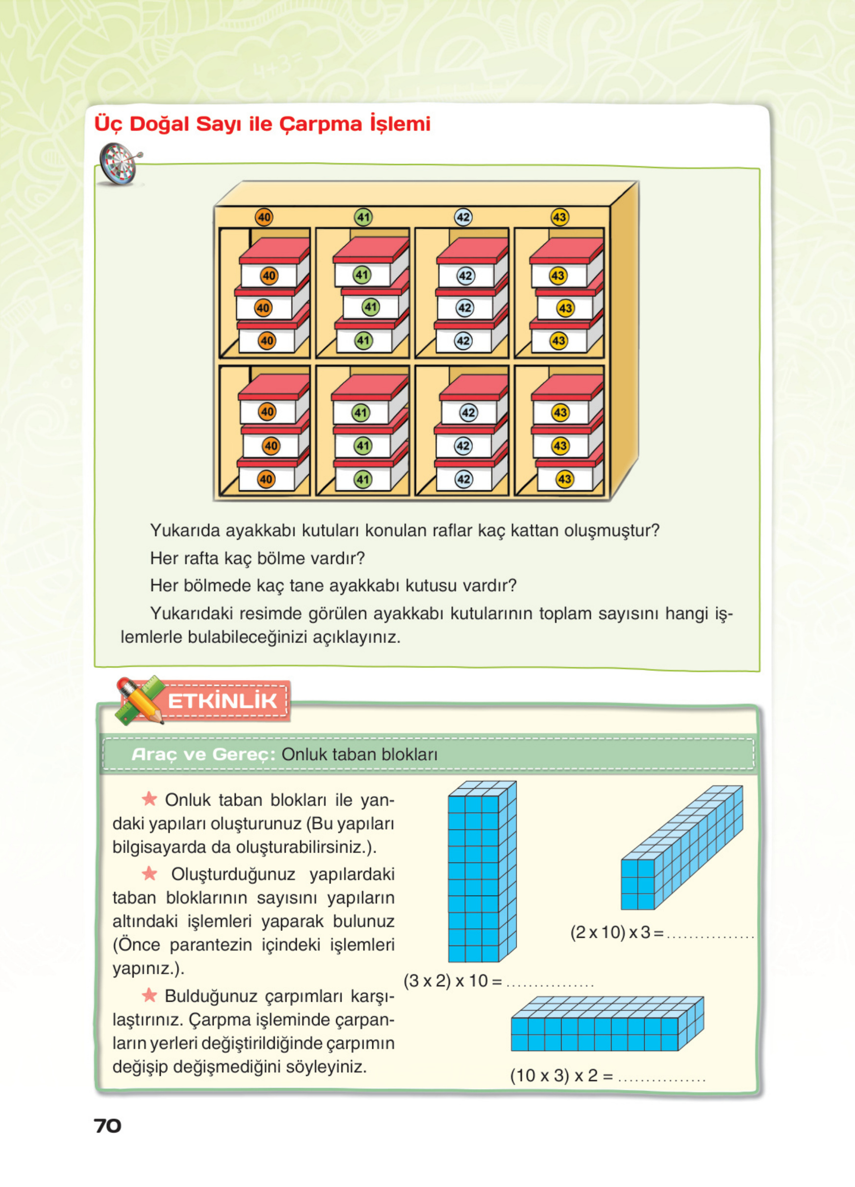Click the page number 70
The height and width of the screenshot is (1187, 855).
[107, 1125]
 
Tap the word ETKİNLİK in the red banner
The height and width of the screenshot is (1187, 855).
[222, 701]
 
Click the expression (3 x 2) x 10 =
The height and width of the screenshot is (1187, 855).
[452, 980]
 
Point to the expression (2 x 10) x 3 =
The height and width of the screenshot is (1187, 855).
[616, 932]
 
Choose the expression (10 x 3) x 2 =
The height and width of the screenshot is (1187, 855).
[562, 1075]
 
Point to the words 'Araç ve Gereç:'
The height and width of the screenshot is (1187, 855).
[203, 754]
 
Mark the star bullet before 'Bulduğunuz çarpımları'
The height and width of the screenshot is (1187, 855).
[149, 995]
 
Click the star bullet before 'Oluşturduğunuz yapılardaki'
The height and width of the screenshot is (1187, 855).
[149, 873]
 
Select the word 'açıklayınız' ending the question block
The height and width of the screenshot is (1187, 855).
[356, 637]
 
